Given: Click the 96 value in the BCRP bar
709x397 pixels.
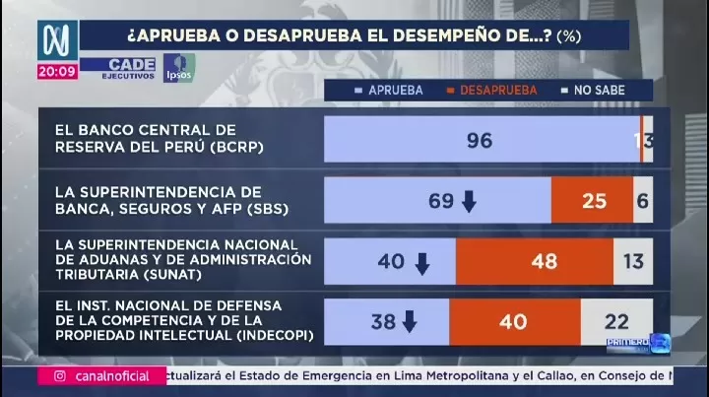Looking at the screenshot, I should [x=480, y=140].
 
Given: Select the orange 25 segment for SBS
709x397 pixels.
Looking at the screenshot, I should [x=594, y=201].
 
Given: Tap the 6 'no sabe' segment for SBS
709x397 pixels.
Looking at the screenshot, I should [x=643, y=201].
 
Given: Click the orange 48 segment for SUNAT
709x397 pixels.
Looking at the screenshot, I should [x=543, y=262].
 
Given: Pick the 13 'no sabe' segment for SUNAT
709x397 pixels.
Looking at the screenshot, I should [x=633, y=262].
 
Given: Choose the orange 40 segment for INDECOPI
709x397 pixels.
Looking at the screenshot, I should [x=513, y=322].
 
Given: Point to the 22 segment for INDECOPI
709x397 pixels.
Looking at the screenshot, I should [x=617, y=322].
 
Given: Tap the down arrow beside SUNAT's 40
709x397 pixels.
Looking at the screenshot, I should [x=422, y=263].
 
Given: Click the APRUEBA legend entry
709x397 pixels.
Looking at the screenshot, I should [x=389, y=90].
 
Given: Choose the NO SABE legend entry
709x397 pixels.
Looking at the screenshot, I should [x=592, y=90].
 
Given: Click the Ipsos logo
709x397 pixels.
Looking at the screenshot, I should [x=179, y=67].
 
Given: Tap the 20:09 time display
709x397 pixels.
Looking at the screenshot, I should [x=57, y=72].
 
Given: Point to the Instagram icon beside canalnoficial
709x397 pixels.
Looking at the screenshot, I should [x=60, y=376].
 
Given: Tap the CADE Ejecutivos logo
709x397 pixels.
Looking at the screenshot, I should [x=119, y=68].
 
